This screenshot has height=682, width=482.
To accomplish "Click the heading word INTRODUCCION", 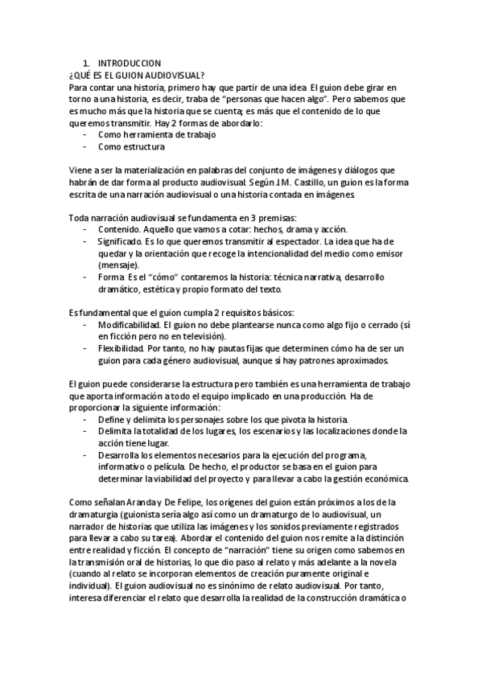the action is coord(130,63).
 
